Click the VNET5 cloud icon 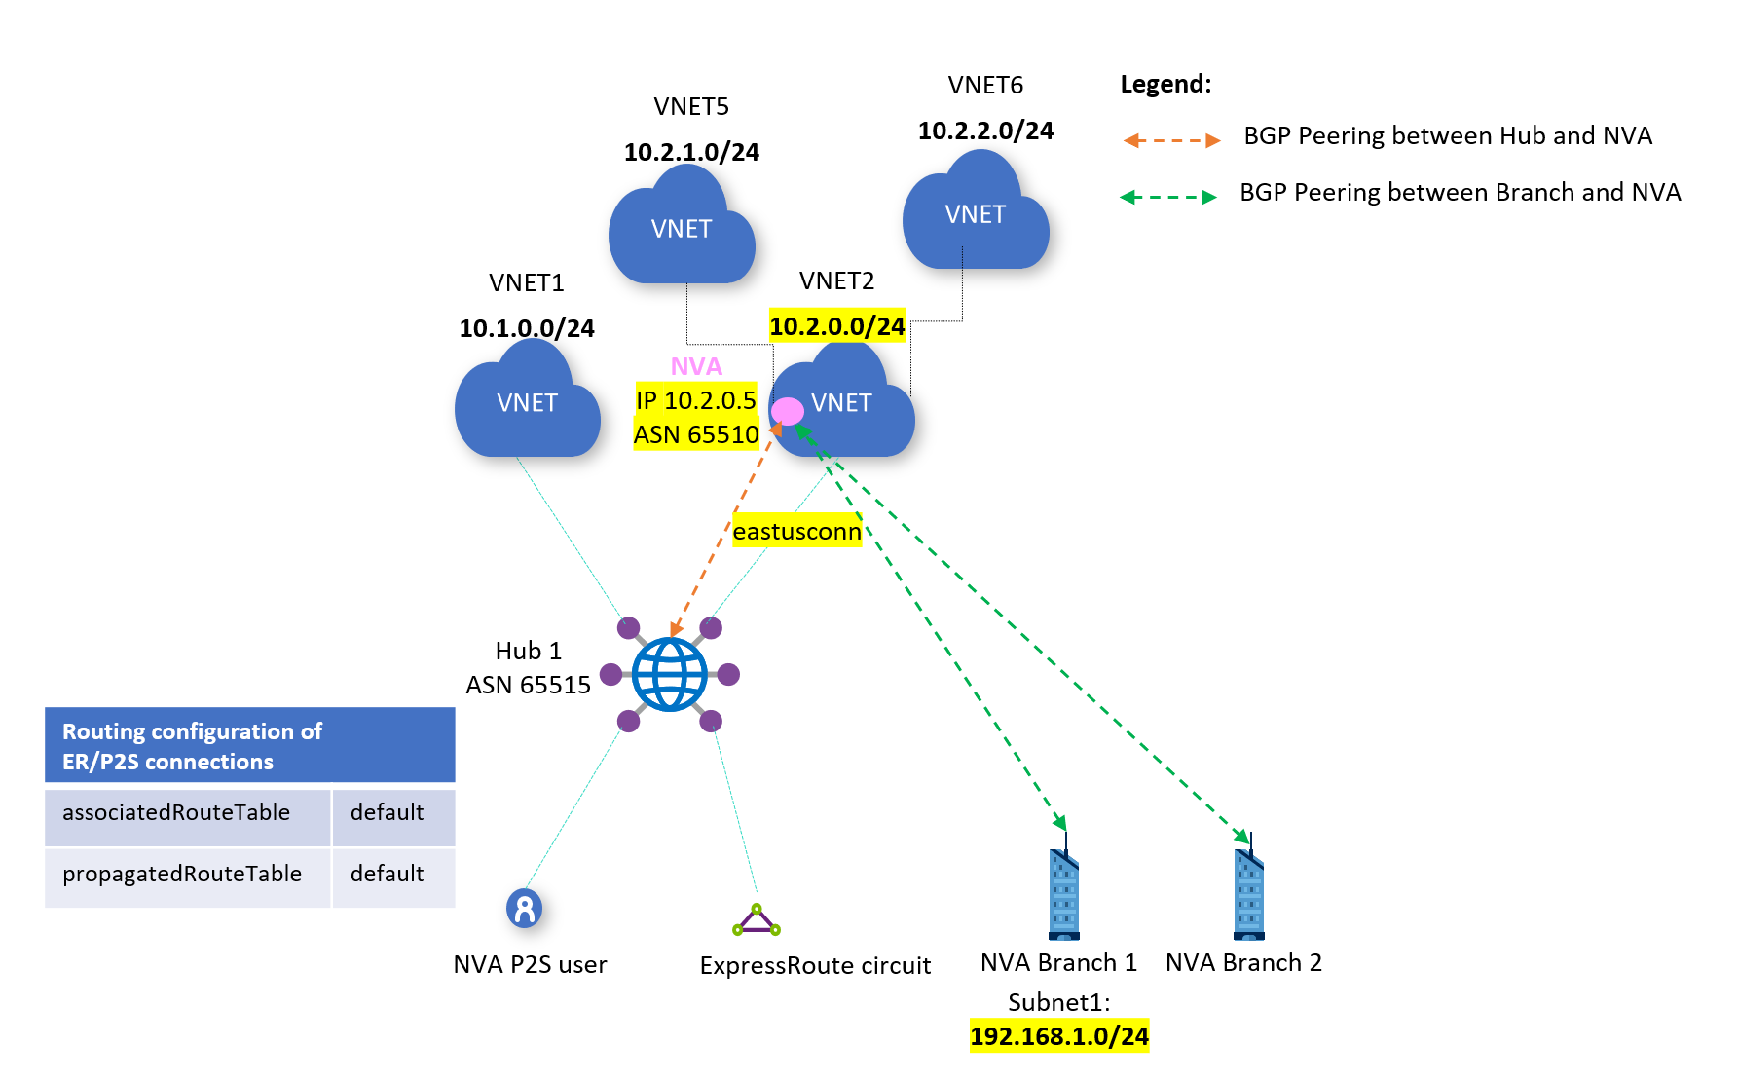tap(682, 228)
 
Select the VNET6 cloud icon tap(976, 213)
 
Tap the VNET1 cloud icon tap(527, 403)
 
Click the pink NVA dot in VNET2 tap(788, 411)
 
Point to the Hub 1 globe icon tap(670, 674)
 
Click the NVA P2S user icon tap(524, 909)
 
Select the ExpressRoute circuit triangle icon tap(757, 920)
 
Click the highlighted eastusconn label tap(796, 531)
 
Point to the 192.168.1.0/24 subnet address tap(1059, 1035)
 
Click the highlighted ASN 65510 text tap(696, 434)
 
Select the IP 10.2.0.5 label tap(696, 399)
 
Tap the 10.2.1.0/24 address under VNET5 tap(691, 152)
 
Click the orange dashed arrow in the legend tap(1171, 140)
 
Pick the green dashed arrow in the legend tap(1168, 197)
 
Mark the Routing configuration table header tap(249, 746)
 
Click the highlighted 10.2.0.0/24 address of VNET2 tap(837, 326)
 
